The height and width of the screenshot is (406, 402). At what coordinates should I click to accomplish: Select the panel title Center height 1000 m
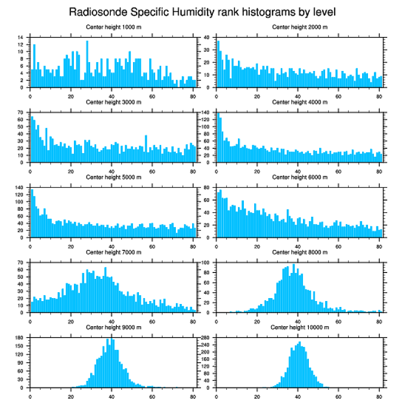(113, 27)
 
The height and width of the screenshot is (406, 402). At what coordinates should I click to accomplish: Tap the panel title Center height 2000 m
(300, 27)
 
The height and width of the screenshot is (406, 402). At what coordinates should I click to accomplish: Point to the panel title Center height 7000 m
(113, 252)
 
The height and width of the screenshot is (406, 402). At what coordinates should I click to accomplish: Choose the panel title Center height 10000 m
(300, 327)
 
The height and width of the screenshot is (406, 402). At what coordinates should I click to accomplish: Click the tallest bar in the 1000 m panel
(87, 64)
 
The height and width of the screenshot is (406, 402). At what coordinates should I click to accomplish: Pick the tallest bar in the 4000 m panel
(218, 138)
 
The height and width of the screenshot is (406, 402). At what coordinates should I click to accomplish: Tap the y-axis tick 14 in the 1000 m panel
(21, 37)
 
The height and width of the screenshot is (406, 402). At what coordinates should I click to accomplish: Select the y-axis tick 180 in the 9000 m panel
(20, 338)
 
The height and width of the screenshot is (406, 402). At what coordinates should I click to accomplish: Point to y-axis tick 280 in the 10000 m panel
(205, 338)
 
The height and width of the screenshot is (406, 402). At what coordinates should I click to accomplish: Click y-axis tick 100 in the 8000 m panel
(205, 263)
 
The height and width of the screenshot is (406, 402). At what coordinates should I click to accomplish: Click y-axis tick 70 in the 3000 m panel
(21, 113)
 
